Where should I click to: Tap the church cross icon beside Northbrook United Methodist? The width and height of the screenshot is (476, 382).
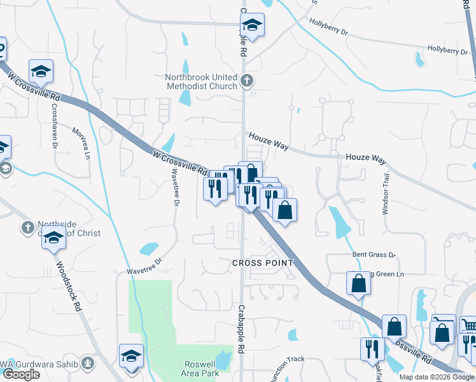click(248, 81)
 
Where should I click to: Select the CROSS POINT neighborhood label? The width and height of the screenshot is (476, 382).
click(263, 263)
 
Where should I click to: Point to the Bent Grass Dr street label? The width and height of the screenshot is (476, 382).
click(374, 255)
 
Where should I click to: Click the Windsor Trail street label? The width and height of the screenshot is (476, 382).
click(385, 195)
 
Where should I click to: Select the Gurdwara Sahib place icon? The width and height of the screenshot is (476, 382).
click(88, 364)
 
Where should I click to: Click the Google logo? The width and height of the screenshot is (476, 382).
click(21, 375)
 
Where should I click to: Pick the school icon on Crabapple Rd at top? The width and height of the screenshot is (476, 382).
click(253, 25)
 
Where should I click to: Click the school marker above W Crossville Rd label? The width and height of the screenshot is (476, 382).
click(41, 72)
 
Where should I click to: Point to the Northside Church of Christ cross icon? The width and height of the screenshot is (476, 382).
click(27, 227)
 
